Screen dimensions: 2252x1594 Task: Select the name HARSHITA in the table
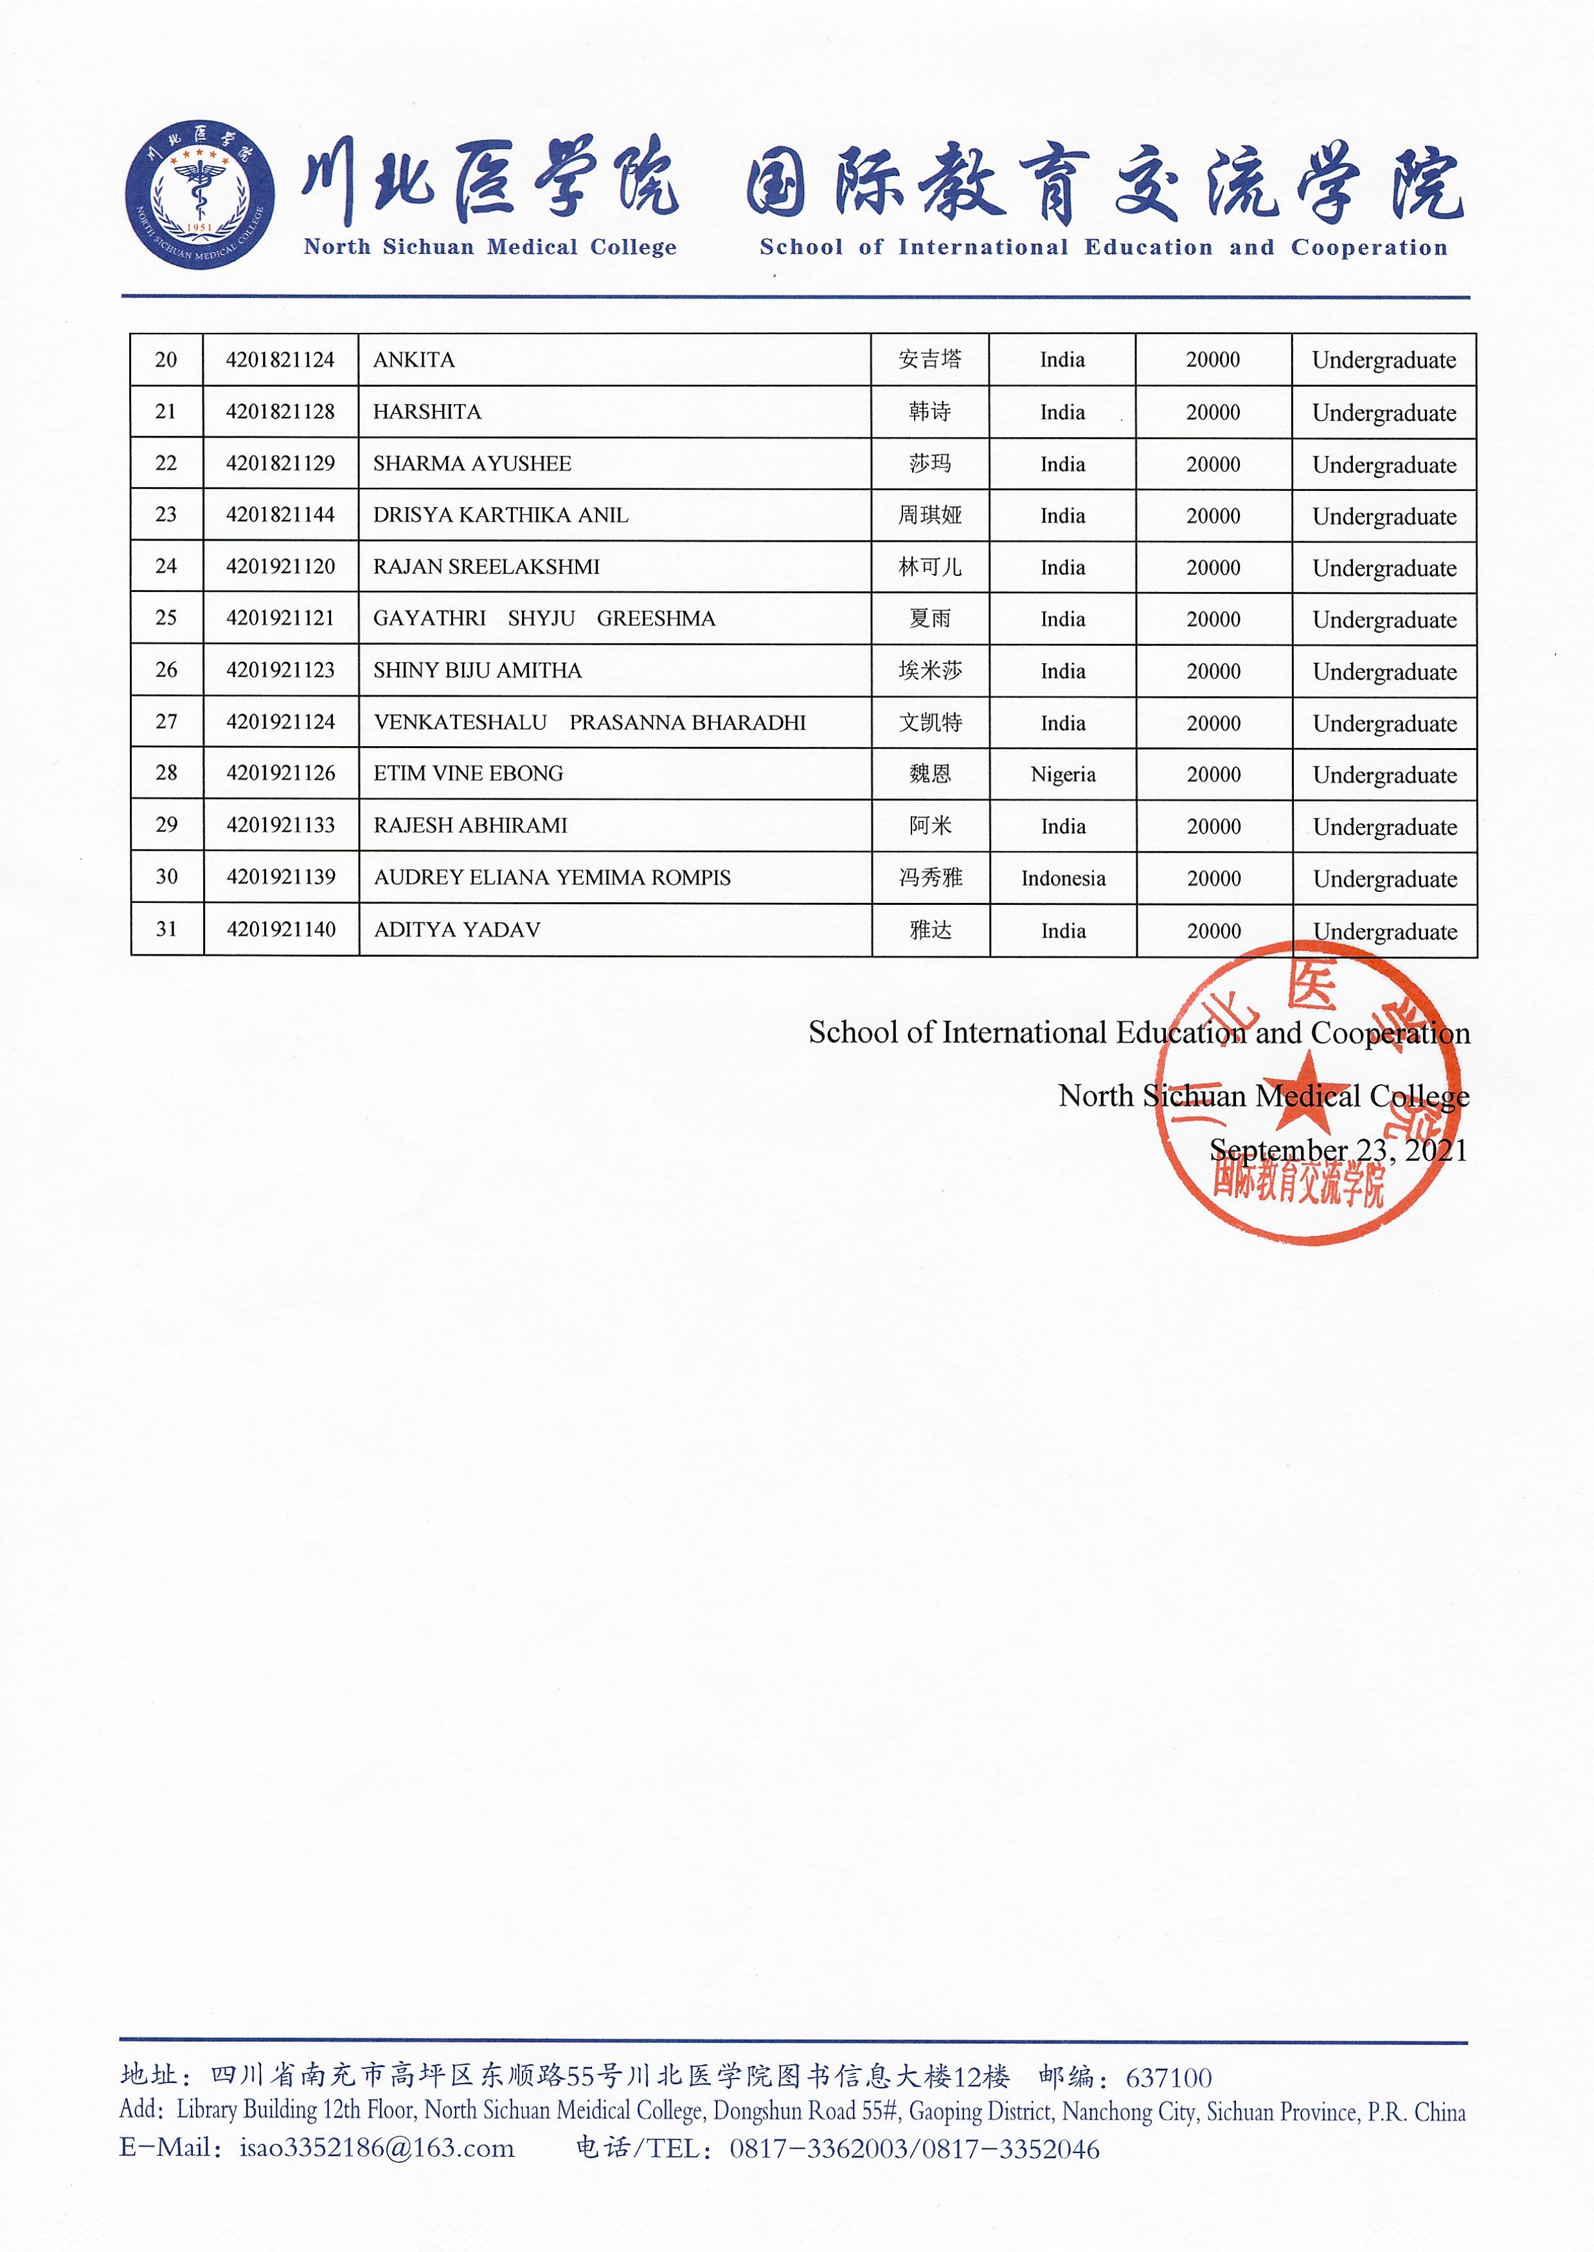click(427, 412)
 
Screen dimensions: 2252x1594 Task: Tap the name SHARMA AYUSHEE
click(472, 464)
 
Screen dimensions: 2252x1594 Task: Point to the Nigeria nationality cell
click(1063, 774)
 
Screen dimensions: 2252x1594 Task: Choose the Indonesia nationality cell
click(1063, 878)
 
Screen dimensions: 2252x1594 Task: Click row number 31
click(167, 929)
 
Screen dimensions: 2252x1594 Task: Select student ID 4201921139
click(281, 877)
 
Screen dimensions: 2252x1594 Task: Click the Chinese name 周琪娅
click(929, 515)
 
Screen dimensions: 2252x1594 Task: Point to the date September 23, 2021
click(1338, 1150)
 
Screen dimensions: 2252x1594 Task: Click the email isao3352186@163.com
click(377, 2148)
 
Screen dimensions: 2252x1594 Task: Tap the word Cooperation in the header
click(1369, 247)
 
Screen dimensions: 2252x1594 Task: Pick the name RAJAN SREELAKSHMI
click(486, 567)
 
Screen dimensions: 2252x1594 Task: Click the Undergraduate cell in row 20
click(1384, 360)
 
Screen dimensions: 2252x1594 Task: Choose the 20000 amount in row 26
click(1213, 671)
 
